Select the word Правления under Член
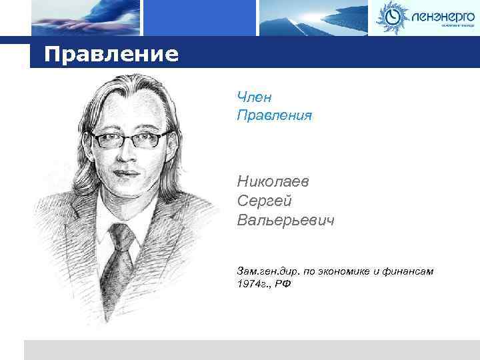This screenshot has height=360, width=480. tap(274, 116)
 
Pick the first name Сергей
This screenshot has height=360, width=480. tap(264, 200)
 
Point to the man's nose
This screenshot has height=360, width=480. tap(129, 158)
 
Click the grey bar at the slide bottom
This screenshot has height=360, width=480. tap(251, 350)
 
